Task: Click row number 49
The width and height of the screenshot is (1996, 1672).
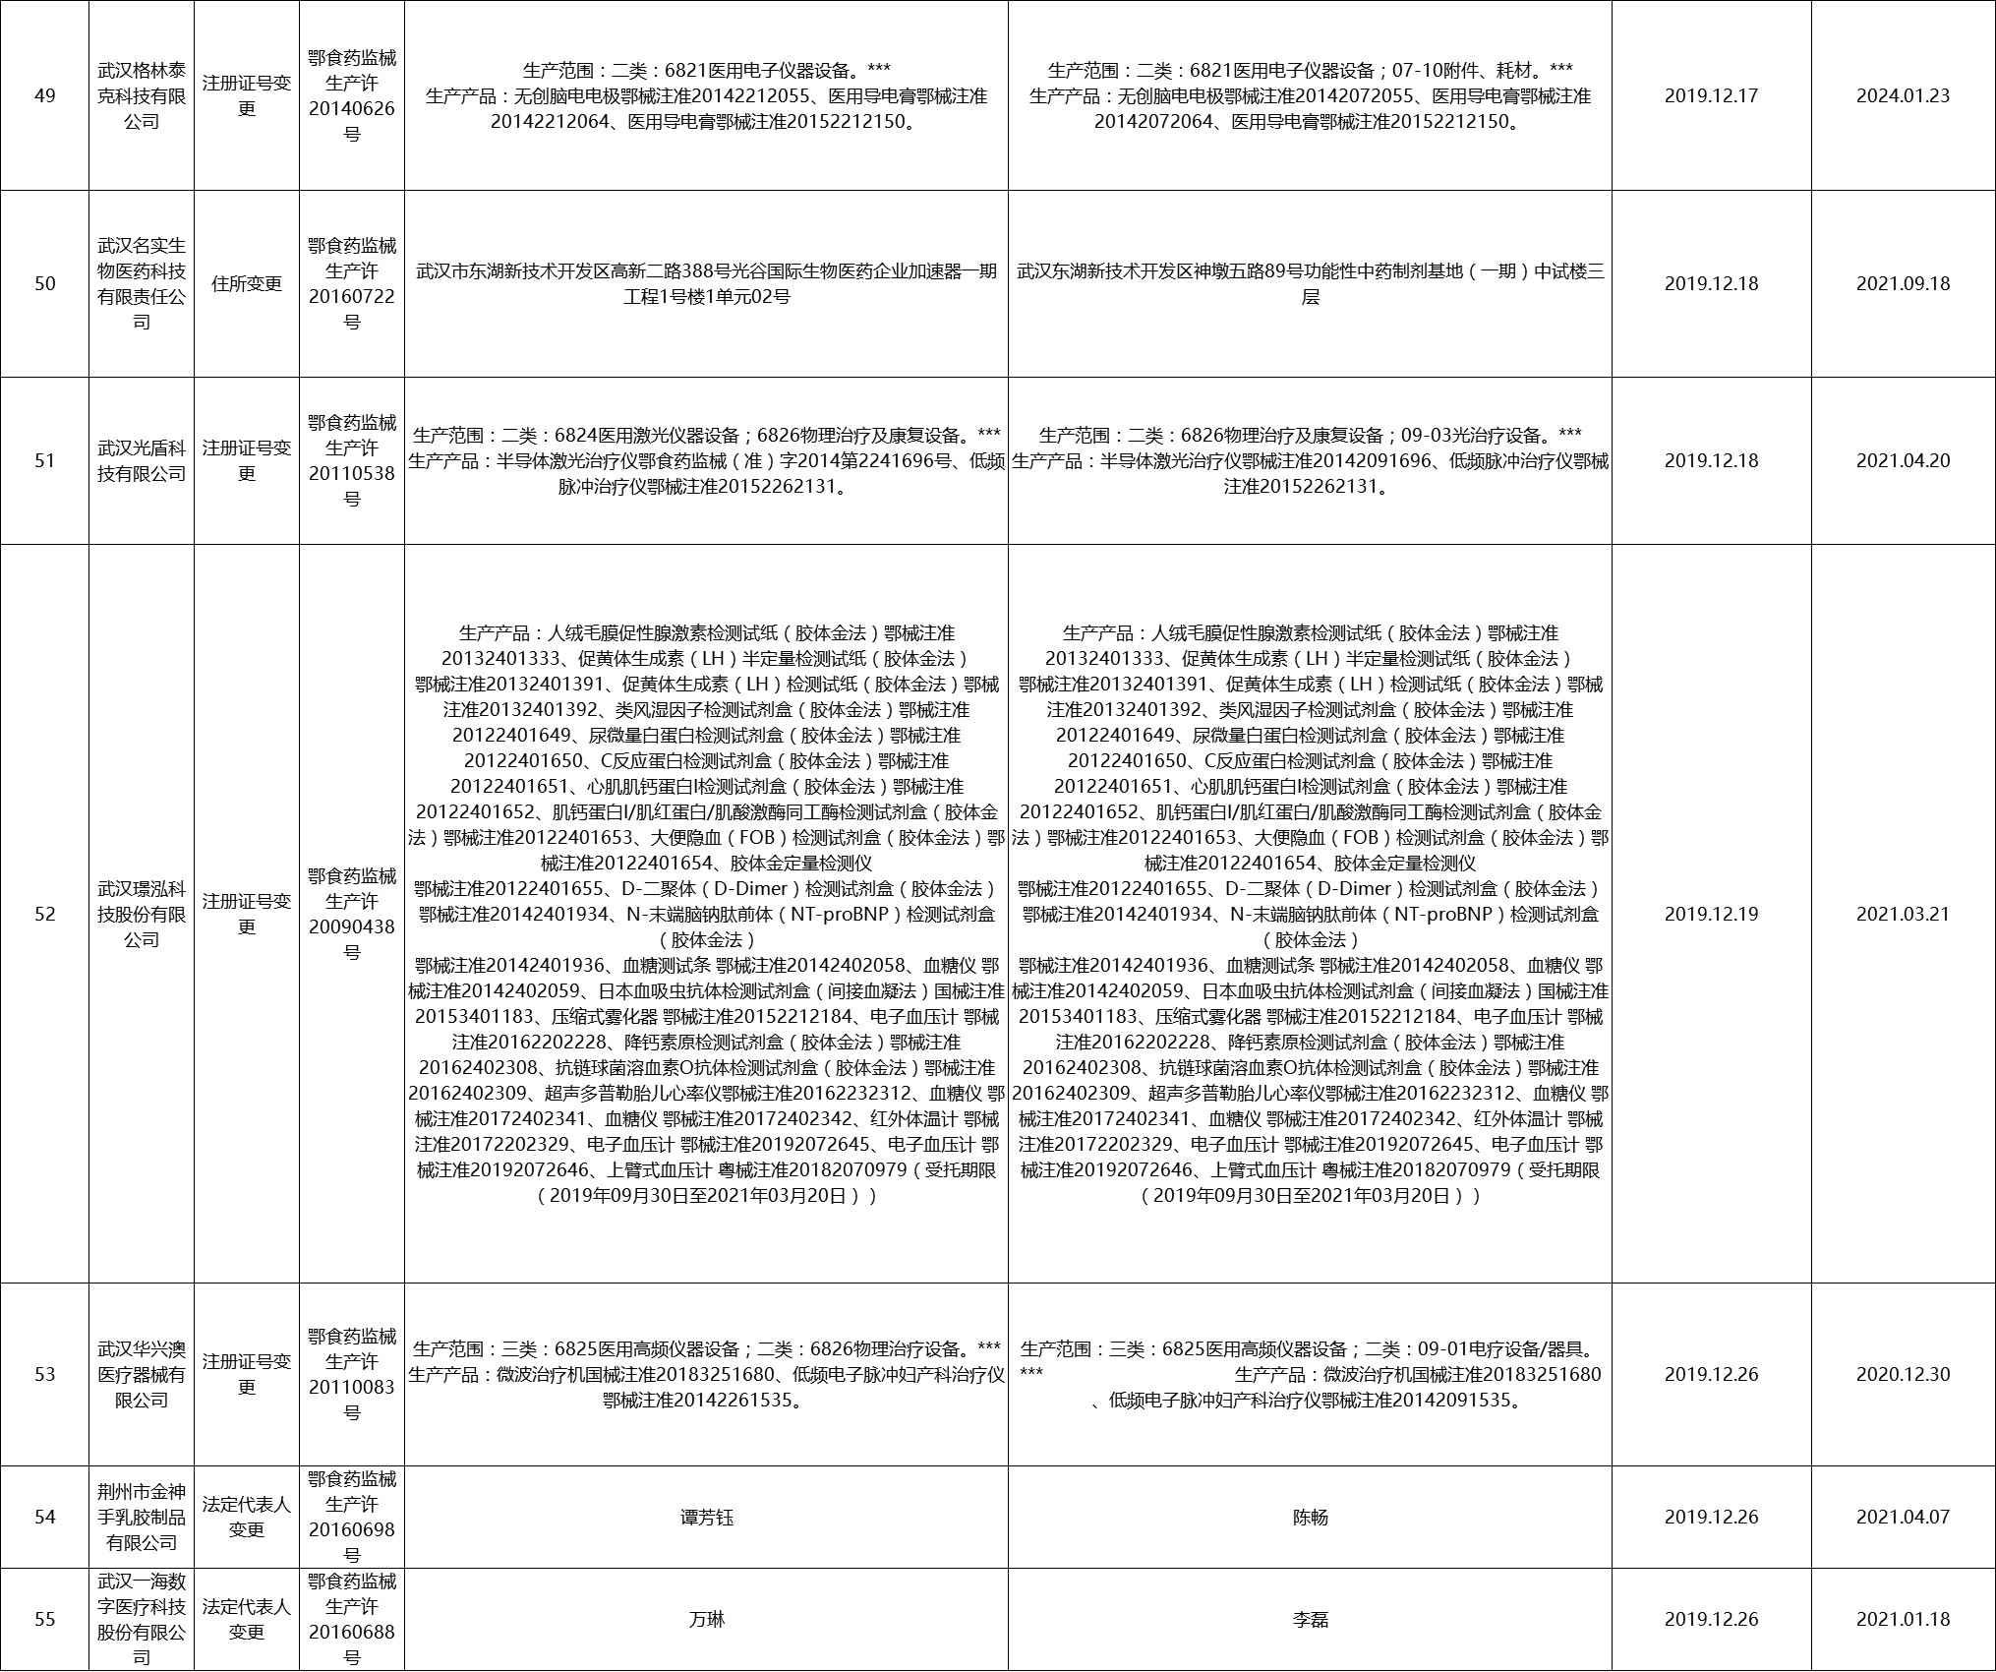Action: pyautogui.click(x=44, y=95)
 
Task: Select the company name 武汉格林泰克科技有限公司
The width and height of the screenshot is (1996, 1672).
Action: pyautogui.click(x=142, y=95)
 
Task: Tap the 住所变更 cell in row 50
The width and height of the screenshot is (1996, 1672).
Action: pyautogui.click(x=247, y=283)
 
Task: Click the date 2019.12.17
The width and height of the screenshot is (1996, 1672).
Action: pyautogui.click(x=1711, y=95)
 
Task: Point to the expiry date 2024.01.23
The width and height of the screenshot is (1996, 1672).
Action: pyautogui.click(x=1903, y=95)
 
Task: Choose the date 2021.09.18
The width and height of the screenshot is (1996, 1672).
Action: pyautogui.click(x=1903, y=283)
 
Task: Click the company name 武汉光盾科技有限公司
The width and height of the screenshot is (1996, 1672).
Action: pyautogui.click(x=142, y=460)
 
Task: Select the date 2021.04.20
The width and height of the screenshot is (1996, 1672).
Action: pyautogui.click(x=1903, y=460)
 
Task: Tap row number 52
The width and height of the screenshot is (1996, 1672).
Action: pyautogui.click(x=44, y=914)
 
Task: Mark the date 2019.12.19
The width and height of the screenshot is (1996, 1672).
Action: pyautogui.click(x=1711, y=914)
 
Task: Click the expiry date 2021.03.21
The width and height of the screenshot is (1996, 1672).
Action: pyautogui.click(x=1903, y=914)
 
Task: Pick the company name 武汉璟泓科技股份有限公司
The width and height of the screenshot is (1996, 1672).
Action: pyautogui.click(x=142, y=914)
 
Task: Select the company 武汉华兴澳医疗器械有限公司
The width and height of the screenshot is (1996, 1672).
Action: pyautogui.click(x=142, y=1374)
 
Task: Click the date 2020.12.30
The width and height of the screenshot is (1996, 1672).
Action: pyautogui.click(x=1903, y=1374)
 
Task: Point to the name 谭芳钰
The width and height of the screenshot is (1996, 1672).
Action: pyautogui.click(x=706, y=1517)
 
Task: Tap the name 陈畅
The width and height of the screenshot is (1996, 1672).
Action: pyautogui.click(x=1310, y=1517)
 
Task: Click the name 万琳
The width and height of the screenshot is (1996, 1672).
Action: pyautogui.click(x=706, y=1619)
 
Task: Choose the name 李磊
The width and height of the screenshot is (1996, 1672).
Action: pyautogui.click(x=1310, y=1619)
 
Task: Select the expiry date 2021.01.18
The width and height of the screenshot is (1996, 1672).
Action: pyautogui.click(x=1903, y=1619)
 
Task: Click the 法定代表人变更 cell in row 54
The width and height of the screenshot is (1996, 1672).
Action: pyautogui.click(x=247, y=1517)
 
